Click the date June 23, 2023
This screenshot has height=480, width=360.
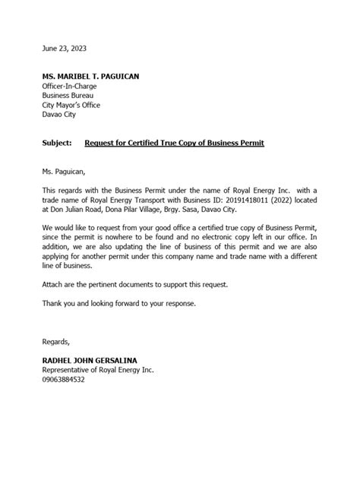click(x=64, y=48)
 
